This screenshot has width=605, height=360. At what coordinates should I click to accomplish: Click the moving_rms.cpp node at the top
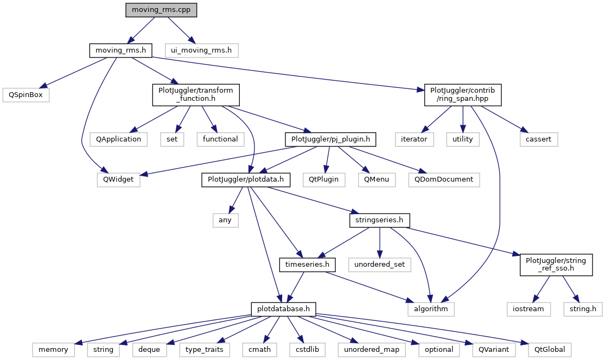pyautogui.click(x=161, y=10)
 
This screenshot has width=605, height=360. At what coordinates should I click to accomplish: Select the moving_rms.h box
pyautogui.click(x=120, y=50)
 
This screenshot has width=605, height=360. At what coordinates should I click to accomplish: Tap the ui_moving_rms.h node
pyautogui.click(x=201, y=50)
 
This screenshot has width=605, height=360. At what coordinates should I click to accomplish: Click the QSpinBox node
pyautogui.click(x=26, y=94)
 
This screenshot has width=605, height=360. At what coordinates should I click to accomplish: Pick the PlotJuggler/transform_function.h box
pyautogui.click(x=196, y=94)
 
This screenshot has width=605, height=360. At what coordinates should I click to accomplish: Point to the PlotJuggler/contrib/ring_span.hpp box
pyautogui.click(x=462, y=94)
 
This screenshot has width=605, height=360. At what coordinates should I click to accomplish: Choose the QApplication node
pyautogui.click(x=119, y=139)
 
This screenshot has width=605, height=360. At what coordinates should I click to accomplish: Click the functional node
pyautogui.click(x=220, y=139)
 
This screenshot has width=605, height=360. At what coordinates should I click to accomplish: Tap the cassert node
pyautogui.click(x=538, y=139)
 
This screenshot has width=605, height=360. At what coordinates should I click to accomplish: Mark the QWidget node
pyautogui.click(x=118, y=179)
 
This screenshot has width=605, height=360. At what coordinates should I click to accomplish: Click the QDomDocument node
pyautogui.click(x=444, y=179)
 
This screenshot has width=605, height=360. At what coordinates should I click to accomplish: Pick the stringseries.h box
pyautogui.click(x=379, y=221)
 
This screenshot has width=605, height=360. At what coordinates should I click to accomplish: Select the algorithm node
pyautogui.click(x=431, y=308)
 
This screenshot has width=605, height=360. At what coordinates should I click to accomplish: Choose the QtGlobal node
pyautogui.click(x=546, y=349)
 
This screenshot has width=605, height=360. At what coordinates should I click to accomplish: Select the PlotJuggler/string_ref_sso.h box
pyautogui.click(x=556, y=265)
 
